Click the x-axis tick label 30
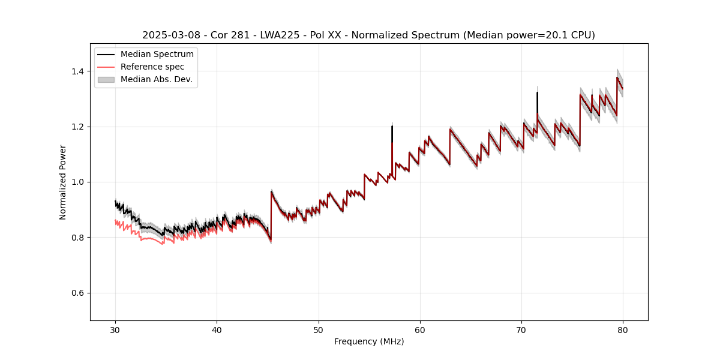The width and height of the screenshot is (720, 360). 115,329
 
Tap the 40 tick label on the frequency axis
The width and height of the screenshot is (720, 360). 217,329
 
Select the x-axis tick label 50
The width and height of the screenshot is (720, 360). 318,329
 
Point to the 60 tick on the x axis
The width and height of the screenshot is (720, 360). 420,329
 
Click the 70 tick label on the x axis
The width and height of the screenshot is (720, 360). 521,329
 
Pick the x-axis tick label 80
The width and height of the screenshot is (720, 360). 623,329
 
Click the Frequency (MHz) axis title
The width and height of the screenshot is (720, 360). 369,341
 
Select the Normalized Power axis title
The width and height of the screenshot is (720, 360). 63,182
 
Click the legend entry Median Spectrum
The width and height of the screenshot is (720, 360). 157,55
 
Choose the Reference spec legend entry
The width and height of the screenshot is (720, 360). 152,67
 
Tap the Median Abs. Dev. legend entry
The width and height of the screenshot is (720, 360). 156,79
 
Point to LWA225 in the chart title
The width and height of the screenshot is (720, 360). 280,35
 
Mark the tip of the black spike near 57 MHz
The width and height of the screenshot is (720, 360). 392,126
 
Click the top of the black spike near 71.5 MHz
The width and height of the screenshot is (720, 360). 537,92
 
